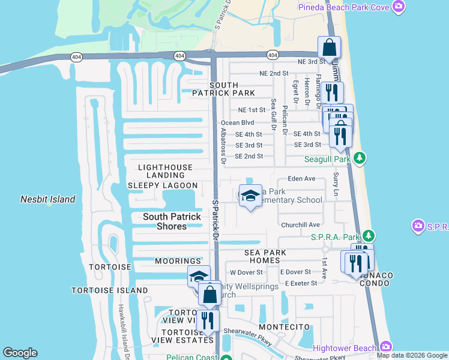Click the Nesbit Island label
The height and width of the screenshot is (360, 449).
pyautogui.click(x=48, y=199)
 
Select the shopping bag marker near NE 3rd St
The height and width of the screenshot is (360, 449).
pyautogui.click(x=329, y=48)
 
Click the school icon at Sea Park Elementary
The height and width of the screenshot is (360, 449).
pyautogui.click(x=250, y=196)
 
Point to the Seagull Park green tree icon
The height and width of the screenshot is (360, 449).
pyautogui.click(x=360, y=158)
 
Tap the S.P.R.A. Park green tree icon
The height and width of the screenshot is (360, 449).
pyautogui.click(x=370, y=236)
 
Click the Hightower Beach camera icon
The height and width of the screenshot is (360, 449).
pyautogui.click(x=385, y=346)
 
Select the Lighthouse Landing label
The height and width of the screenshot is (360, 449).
pyautogui.click(x=165, y=172)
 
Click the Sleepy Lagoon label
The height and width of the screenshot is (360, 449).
pyautogui.click(x=163, y=186)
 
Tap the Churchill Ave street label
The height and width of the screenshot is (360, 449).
pyautogui.click(x=300, y=225)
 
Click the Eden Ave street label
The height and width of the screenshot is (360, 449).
pyautogui.click(x=301, y=179)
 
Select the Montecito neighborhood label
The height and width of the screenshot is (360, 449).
pyautogui.click(x=284, y=327)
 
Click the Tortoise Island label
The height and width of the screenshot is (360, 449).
pyautogui.click(x=109, y=290)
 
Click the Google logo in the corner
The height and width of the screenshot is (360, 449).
pyautogui.click(x=20, y=353)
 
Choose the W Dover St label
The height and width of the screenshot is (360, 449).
pyautogui.click(x=247, y=272)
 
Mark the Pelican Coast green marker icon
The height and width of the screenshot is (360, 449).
pyautogui.click(x=226, y=359)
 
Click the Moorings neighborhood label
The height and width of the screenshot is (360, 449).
pyautogui.click(x=178, y=261)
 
